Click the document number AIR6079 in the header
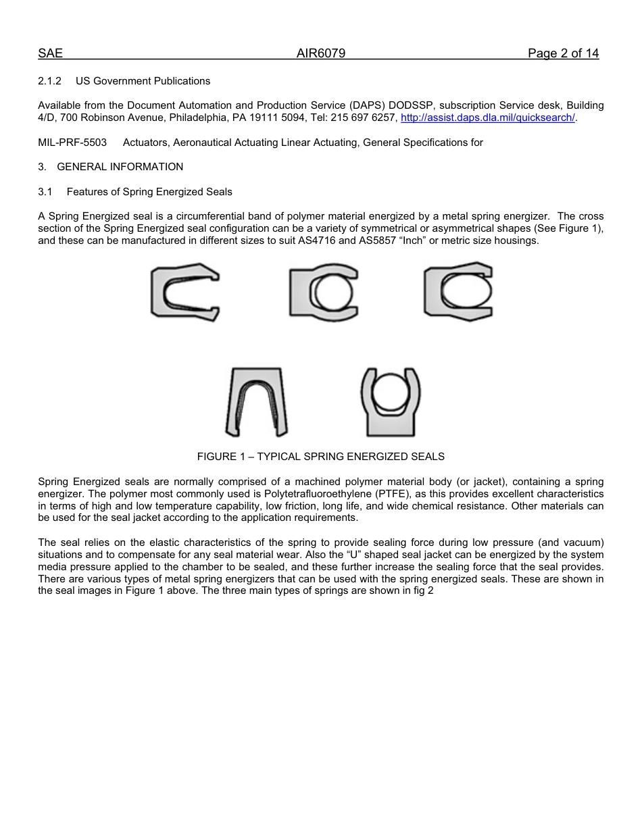click(321, 53)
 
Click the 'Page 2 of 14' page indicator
click(563, 53)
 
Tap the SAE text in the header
click(50, 53)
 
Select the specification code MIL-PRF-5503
click(72, 143)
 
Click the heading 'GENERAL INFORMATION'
click(120, 167)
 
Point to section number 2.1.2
click(49, 81)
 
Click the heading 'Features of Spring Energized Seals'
click(149, 192)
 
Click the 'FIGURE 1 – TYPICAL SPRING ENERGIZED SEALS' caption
click(320, 457)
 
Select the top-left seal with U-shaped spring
click(184, 292)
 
